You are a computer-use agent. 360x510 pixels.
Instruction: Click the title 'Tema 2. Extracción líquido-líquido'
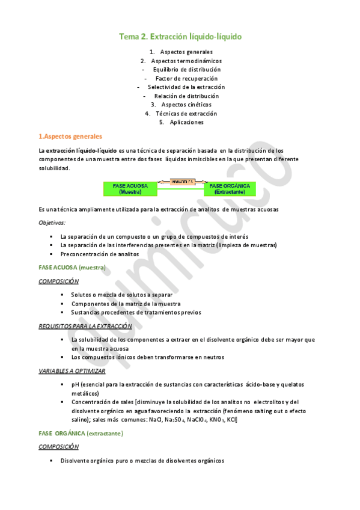180,37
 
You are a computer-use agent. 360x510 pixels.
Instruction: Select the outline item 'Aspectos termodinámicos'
186,61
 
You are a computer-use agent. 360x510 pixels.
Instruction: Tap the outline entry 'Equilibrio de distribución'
186,70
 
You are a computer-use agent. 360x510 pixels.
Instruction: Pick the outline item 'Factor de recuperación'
186,78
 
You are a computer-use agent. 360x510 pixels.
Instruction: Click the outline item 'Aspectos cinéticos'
186,105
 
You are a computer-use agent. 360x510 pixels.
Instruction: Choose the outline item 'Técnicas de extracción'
186,114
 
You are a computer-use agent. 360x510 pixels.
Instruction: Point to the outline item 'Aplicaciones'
186,122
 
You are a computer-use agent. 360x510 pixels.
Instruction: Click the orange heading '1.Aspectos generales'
70,137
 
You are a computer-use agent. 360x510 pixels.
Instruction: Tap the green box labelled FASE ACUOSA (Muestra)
130,189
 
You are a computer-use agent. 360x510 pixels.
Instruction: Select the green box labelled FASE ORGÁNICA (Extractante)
229,189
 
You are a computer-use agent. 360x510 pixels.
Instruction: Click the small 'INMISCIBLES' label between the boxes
180,181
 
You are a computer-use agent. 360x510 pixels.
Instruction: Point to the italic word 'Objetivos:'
52,223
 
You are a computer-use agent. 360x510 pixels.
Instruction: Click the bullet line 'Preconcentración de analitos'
100,254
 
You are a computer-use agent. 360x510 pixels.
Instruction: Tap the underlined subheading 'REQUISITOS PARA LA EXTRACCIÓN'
85,326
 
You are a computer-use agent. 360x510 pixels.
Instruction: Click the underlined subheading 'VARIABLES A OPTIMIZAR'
72,370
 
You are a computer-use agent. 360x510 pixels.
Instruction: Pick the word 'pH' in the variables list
75,384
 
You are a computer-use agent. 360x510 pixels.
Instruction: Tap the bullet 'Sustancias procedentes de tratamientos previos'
136,312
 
